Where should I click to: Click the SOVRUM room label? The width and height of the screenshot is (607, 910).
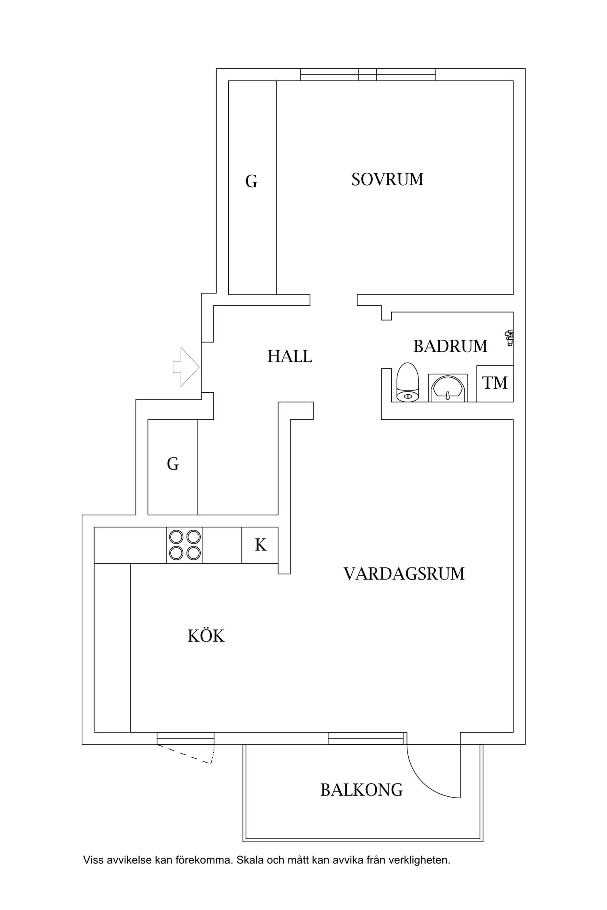[x=387, y=179]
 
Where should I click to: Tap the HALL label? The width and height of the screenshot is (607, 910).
[x=289, y=356]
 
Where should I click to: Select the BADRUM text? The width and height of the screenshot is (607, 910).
[x=450, y=346]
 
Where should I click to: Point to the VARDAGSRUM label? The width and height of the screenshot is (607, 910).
[x=404, y=574]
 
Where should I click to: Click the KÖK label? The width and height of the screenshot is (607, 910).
[x=206, y=636]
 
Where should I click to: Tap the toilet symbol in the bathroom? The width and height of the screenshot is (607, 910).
[x=407, y=383]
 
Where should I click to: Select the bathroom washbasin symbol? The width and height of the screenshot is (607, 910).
[x=448, y=388]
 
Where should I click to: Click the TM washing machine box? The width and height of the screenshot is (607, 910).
[x=495, y=383]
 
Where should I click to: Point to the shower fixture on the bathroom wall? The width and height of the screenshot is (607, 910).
[x=509, y=337]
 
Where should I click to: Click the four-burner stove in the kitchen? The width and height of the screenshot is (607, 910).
[x=185, y=545]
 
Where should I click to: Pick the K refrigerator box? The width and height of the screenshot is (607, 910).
[x=260, y=545]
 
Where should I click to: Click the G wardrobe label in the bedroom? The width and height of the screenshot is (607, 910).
[x=251, y=182]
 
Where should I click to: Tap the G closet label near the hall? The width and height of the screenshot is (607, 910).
[x=173, y=463]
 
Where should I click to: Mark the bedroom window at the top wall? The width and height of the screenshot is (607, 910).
[x=368, y=75]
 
